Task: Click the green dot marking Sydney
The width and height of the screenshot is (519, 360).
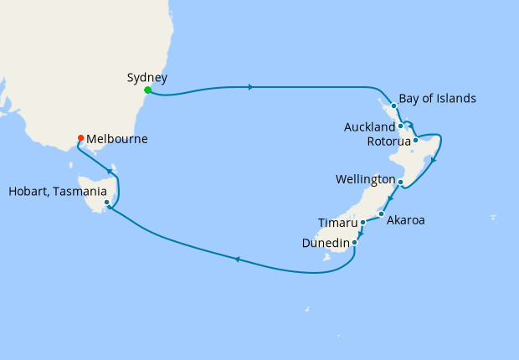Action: click(147, 90)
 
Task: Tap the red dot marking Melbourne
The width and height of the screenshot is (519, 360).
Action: click(80, 138)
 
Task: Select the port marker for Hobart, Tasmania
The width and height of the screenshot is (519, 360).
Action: click(106, 202)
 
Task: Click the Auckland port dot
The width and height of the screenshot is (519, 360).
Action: click(401, 126)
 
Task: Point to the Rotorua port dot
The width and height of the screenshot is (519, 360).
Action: click(416, 140)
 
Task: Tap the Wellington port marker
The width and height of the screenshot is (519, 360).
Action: click(401, 182)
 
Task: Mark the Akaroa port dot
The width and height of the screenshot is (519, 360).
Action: click(381, 214)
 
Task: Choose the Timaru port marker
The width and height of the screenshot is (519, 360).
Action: click(362, 223)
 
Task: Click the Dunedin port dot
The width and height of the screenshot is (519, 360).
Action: click(356, 243)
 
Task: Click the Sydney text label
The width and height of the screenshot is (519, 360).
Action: click(147, 78)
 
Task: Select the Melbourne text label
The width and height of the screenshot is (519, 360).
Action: click(117, 139)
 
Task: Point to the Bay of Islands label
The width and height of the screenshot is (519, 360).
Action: click(437, 99)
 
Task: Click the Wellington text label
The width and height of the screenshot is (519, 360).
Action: click(365, 180)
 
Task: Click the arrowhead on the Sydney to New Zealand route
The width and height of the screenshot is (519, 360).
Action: click(250, 86)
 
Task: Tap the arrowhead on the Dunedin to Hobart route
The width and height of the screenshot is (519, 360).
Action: click(238, 260)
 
